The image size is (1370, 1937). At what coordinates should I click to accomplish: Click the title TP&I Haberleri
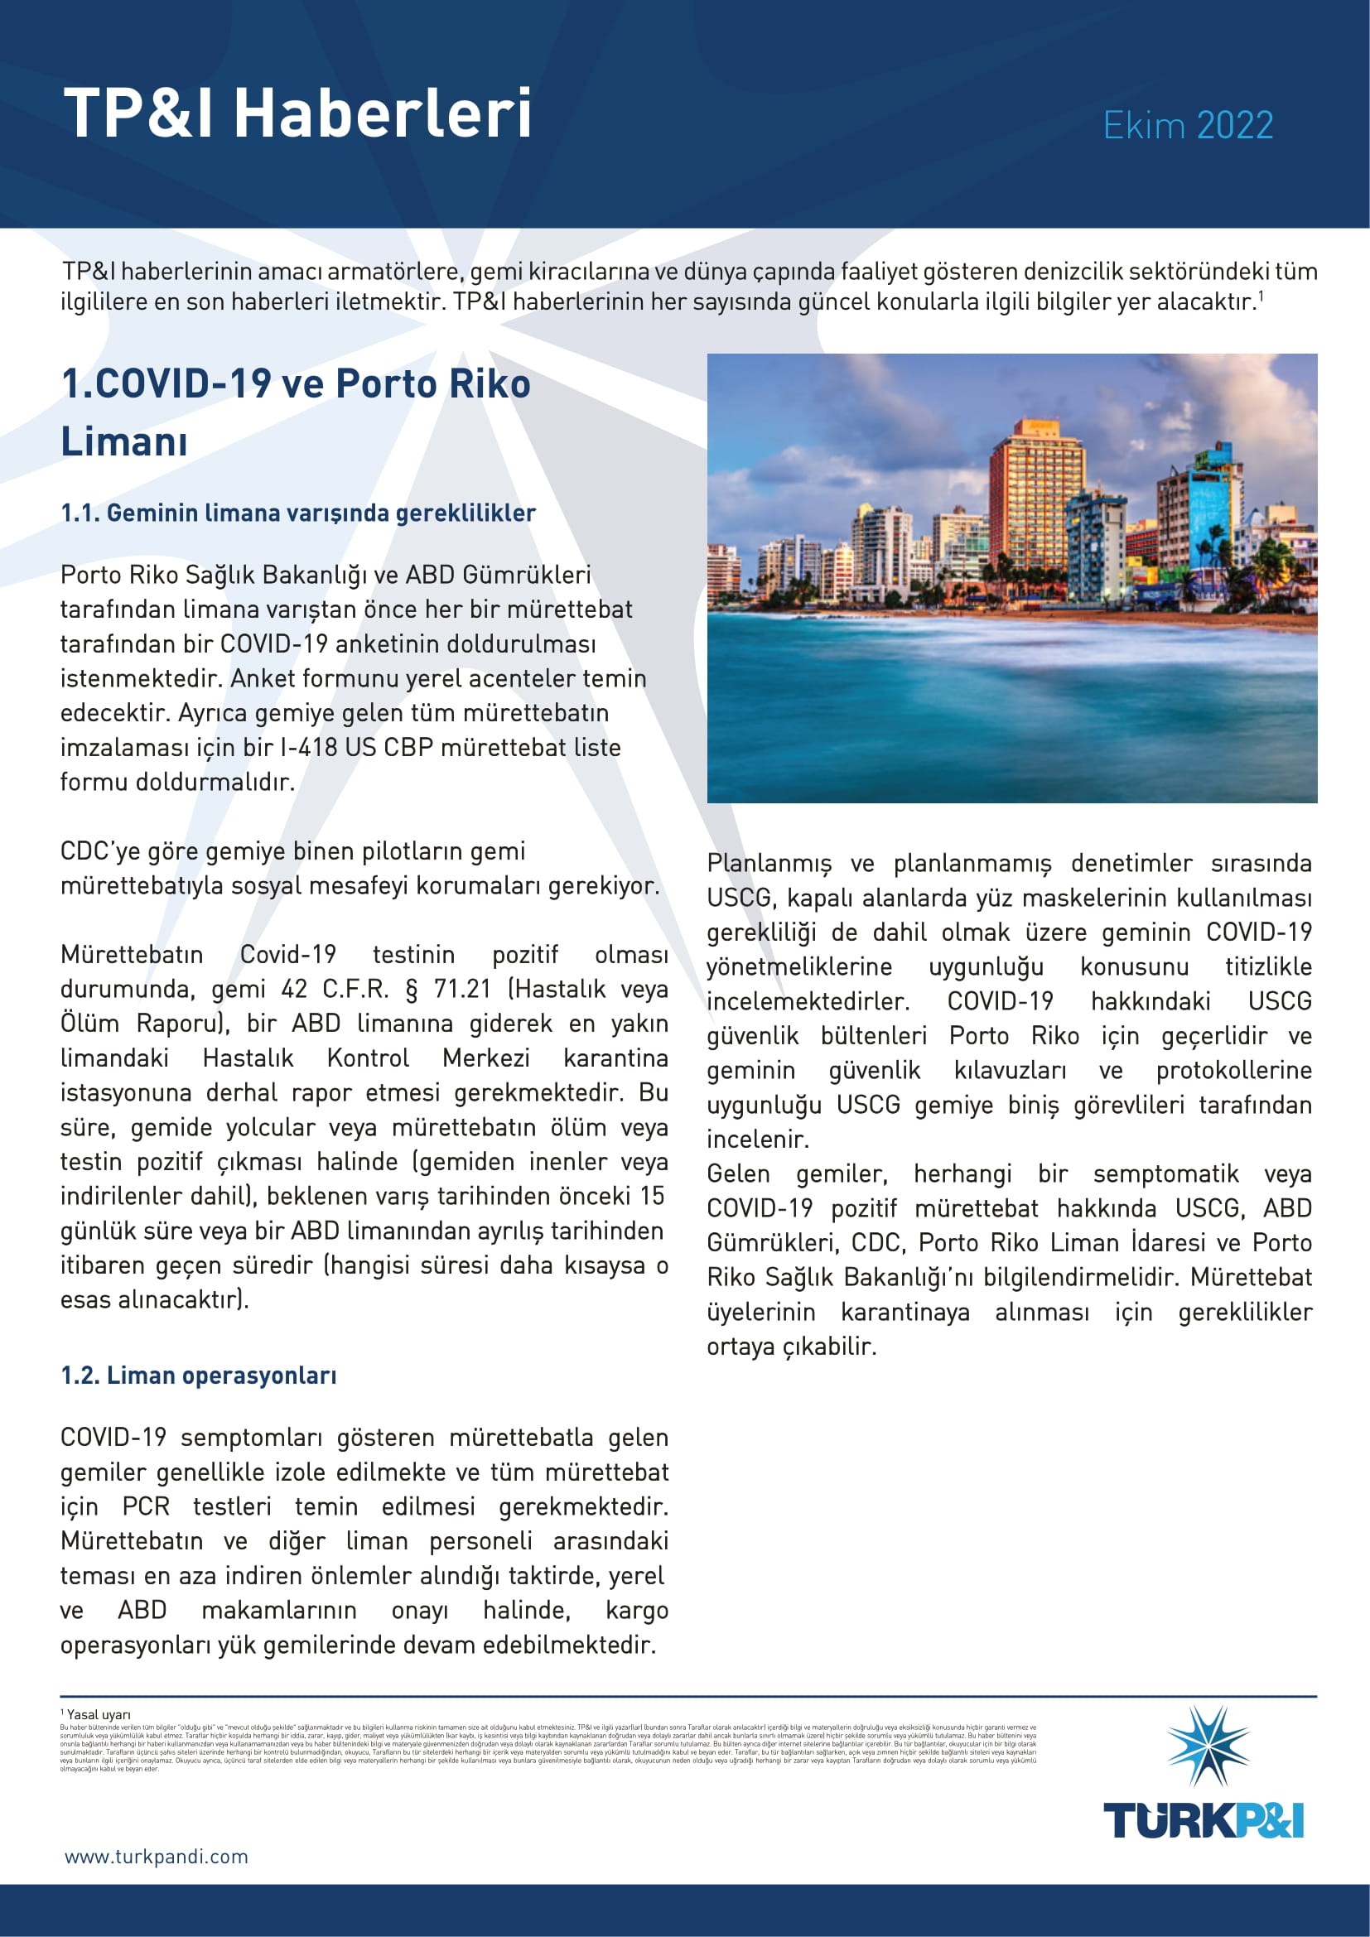(297, 113)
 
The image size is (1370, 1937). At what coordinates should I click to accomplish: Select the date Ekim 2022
(1188, 126)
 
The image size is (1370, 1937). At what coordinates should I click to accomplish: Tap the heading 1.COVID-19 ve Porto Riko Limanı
(295, 412)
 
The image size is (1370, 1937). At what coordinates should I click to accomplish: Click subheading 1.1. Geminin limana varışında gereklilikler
(298, 513)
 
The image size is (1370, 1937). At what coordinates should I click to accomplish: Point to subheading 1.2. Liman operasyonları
(198, 1376)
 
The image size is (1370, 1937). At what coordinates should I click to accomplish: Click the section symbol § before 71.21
(412, 989)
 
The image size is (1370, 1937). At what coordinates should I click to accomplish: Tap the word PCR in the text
(146, 1506)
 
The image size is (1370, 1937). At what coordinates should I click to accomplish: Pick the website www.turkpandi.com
(156, 1857)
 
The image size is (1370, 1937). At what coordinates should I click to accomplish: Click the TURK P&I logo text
(1204, 1819)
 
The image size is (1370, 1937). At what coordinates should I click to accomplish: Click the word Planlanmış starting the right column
(769, 863)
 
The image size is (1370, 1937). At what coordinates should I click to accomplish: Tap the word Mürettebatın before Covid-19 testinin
(132, 954)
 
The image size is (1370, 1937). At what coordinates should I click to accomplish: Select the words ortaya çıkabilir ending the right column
(791, 1347)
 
